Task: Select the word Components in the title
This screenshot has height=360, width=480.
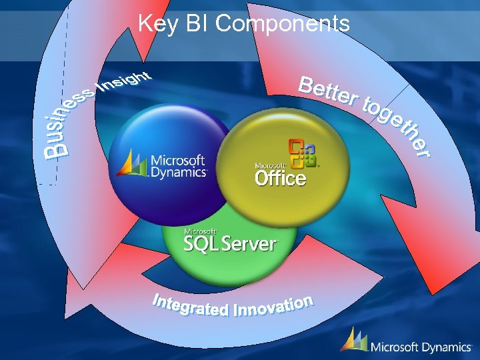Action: [283, 24]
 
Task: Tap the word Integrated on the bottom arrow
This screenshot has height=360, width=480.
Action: [190, 307]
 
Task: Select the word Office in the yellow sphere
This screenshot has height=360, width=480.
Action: [280, 178]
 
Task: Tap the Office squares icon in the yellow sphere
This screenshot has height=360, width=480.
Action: [302, 154]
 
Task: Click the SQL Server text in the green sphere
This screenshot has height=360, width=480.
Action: [230, 244]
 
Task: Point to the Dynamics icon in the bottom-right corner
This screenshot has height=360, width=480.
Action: [353, 340]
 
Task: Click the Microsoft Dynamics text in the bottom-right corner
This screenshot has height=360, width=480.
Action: [421, 347]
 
